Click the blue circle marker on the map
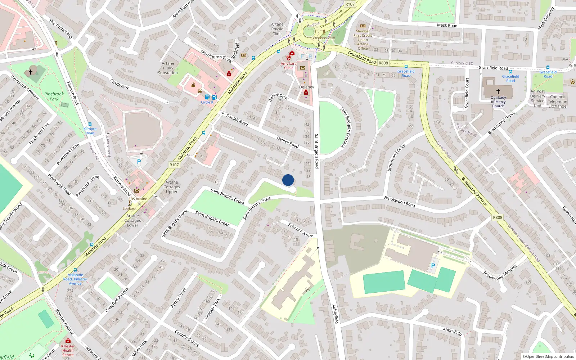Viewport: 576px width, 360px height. [x=288, y=180]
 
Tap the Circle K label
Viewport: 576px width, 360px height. [x=207, y=102]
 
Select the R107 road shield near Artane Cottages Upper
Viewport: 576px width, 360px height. [x=174, y=165]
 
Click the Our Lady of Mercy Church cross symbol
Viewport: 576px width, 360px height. [x=498, y=91]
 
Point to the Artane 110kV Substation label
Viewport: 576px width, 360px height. [x=168, y=68]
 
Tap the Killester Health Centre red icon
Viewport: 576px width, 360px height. [x=68, y=341]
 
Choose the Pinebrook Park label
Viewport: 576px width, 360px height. [x=54, y=96]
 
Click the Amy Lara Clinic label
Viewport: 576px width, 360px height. [x=289, y=66]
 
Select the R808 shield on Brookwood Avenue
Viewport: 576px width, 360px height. [x=498, y=217]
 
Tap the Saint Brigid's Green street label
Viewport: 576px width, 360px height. [x=212, y=219]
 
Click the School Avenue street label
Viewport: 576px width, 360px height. [x=301, y=230]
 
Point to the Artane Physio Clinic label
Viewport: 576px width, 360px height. [x=277, y=29]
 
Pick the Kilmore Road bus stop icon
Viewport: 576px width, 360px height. [x=90, y=124]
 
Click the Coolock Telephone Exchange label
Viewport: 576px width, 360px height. [x=557, y=102]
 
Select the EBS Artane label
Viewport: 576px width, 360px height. [x=138, y=199]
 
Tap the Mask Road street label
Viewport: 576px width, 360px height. [x=447, y=26]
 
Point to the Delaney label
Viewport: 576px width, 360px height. [x=307, y=87]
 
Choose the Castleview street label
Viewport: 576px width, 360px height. [x=120, y=84]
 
